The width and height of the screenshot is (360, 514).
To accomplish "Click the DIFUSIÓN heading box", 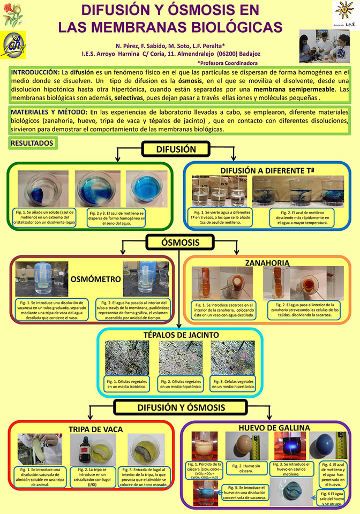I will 176,150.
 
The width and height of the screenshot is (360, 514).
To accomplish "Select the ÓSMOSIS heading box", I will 177,243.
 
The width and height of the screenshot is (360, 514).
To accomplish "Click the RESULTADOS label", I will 32,143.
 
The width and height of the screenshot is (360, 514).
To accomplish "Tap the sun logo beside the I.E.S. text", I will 342,11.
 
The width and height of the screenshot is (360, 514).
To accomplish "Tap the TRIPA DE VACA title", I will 95,429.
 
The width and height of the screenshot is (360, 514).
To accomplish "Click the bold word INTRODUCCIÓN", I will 35,72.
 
